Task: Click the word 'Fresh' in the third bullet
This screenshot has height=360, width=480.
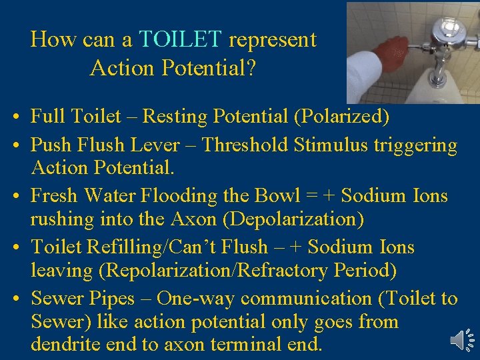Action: [55, 196]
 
